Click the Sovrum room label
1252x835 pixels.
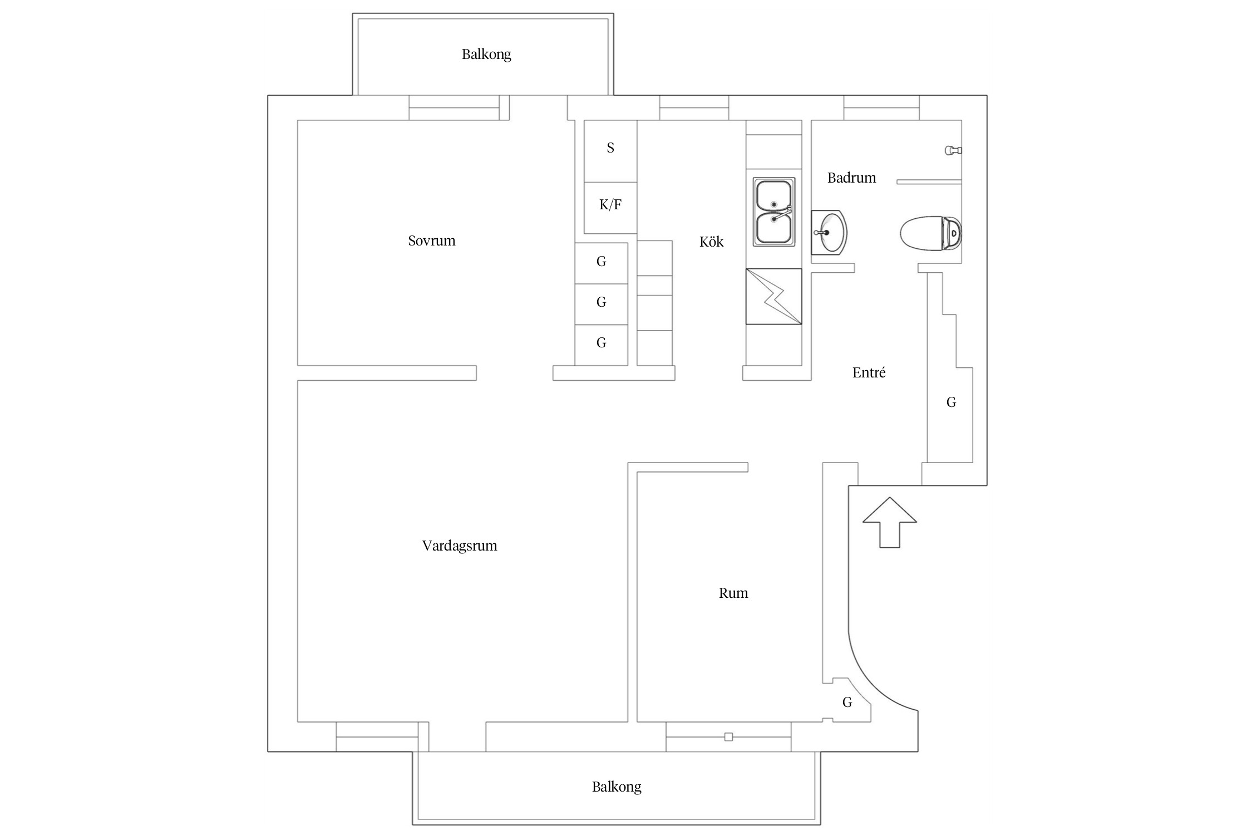[431, 240]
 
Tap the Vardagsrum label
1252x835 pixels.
[459, 546]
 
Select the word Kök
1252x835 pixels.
[711, 242]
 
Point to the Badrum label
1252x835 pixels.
[851, 178]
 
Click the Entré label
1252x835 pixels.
[868, 372]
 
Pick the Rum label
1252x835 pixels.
[733, 593]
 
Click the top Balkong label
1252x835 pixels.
[486, 54]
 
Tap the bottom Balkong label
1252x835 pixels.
[616, 787]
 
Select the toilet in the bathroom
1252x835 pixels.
[930, 233]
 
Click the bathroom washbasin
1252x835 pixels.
[829, 232]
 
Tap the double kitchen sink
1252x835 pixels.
[773, 212]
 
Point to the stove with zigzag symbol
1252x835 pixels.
[773, 296]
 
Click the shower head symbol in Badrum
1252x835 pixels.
[953, 150]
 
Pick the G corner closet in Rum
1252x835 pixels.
[846, 703]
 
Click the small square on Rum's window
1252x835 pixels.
[728, 737]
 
